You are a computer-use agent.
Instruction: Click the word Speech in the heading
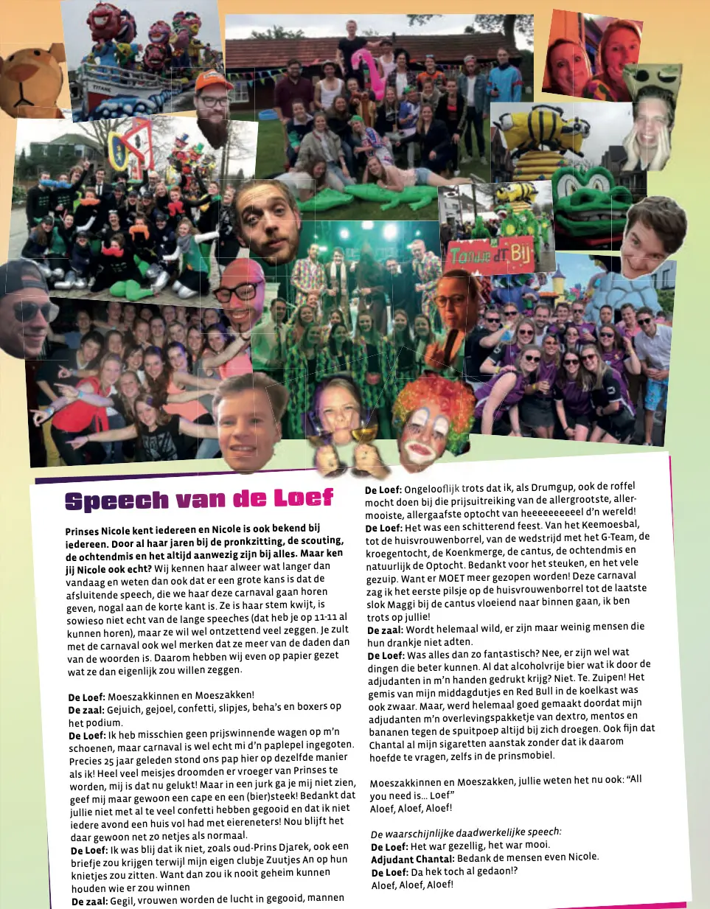pos(116,501)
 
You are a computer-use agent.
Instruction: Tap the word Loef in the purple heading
pos(304,498)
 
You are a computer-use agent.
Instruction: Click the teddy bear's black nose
pos(22,79)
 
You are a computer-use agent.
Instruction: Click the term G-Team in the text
pos(617,537)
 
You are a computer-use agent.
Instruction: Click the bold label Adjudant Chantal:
pos(412,860)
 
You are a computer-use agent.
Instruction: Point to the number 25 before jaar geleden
pos(109,760)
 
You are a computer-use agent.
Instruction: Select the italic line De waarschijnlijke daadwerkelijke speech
pos(465,833)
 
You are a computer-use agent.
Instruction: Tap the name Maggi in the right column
pos(398,604)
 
